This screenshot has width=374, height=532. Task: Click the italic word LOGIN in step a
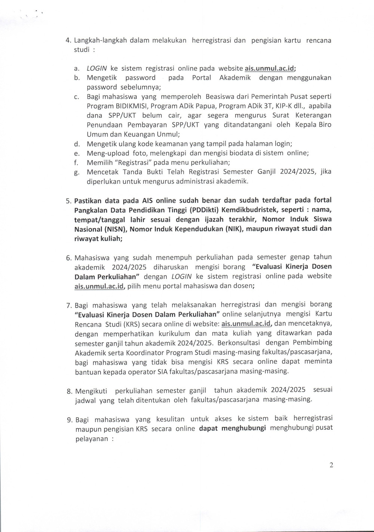(x=97, y=69)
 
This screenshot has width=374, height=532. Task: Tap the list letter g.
(x=76, y=172)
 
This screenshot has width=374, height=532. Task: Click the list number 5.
(x=68, y=200)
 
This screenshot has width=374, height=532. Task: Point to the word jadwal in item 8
(x=86, y=400)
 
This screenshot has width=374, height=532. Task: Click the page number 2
(x=331, y=465)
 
